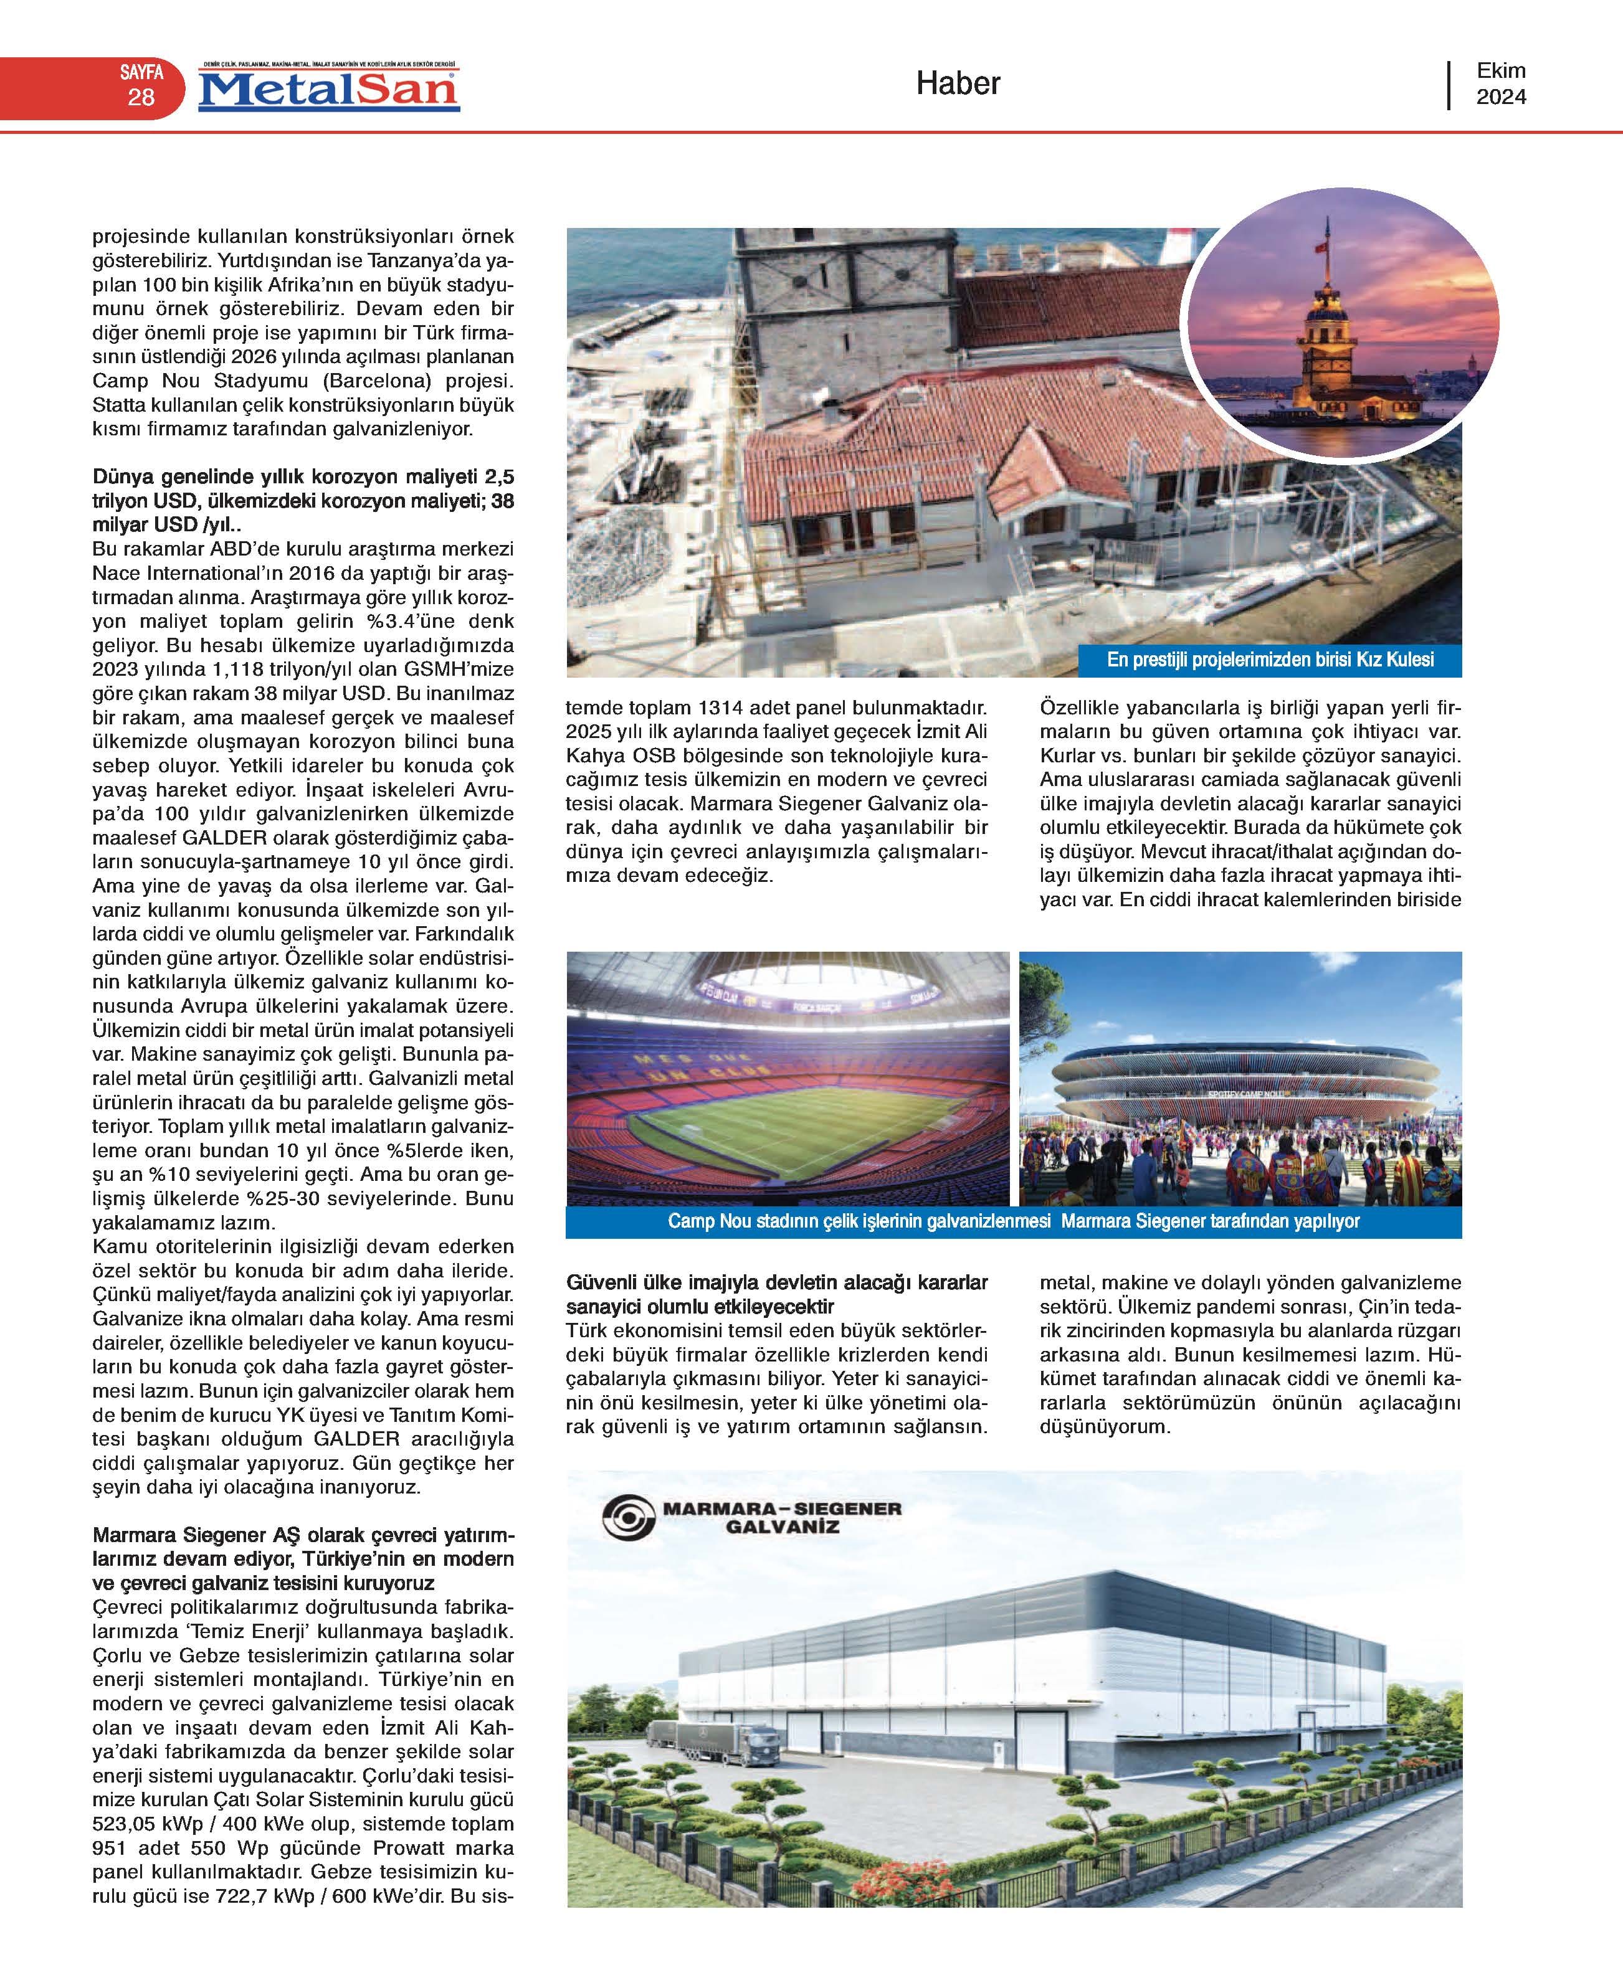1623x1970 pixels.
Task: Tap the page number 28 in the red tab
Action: click(141, 97)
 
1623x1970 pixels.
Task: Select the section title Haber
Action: click(958, 83)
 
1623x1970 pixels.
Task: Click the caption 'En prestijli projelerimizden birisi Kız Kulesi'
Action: click(1270, 660)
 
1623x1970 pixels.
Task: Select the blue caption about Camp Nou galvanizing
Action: click(1014, 1221)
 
